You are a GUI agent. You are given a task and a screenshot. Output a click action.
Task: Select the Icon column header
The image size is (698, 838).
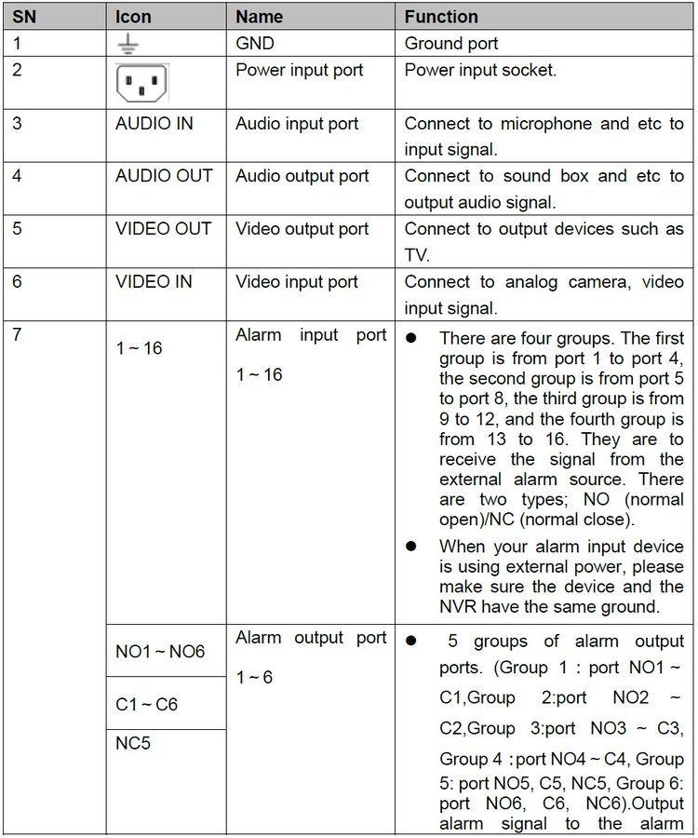(x=133, y=17)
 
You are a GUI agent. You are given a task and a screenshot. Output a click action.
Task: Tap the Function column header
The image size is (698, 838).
(x=441, y=17)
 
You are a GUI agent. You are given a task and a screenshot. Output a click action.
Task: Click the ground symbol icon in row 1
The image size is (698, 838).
(x=128, y=44)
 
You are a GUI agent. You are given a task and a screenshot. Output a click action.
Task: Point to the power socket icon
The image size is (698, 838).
(x=141, y=83)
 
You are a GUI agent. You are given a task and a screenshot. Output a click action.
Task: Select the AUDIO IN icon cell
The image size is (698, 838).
(x=154, y=124)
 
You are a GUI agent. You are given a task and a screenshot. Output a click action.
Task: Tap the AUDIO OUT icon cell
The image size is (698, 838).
(x=164, y=176)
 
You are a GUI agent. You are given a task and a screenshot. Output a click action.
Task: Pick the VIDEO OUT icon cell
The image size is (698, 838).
(x=164, y=229)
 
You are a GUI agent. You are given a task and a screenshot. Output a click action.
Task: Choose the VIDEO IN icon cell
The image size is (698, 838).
(x=154, y=281)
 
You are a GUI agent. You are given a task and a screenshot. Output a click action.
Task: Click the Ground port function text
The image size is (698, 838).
(x=451, y=44)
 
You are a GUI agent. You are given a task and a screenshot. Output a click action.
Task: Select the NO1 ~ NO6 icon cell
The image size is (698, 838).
(x=160, y=652)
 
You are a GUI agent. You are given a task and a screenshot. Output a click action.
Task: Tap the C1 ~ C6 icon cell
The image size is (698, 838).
(x=146, y=705)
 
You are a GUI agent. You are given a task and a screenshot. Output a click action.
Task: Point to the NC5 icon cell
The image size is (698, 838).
(x=134, y=745)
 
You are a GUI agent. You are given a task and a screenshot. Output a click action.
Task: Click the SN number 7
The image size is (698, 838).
(x=18, y=334)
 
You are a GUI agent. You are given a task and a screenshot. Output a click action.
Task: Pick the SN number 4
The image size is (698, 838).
(x=18, y=176)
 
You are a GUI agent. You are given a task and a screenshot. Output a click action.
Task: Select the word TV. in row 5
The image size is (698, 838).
(x=416, y=255)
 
